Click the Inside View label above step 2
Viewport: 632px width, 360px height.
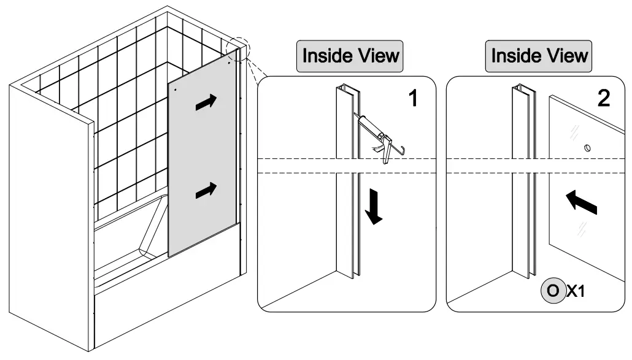click(x=540, y=56)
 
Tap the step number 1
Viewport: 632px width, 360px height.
click(x=414, y=98)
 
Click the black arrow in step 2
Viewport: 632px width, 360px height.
click(x=580, y=201)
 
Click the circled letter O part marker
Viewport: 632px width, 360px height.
click(x=552, y=291)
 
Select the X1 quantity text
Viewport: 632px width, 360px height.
click(x=575, y=291)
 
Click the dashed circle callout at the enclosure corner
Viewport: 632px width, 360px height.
click(x=238, y=49)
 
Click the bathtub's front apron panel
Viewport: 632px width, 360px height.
click(x=166, y=313)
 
